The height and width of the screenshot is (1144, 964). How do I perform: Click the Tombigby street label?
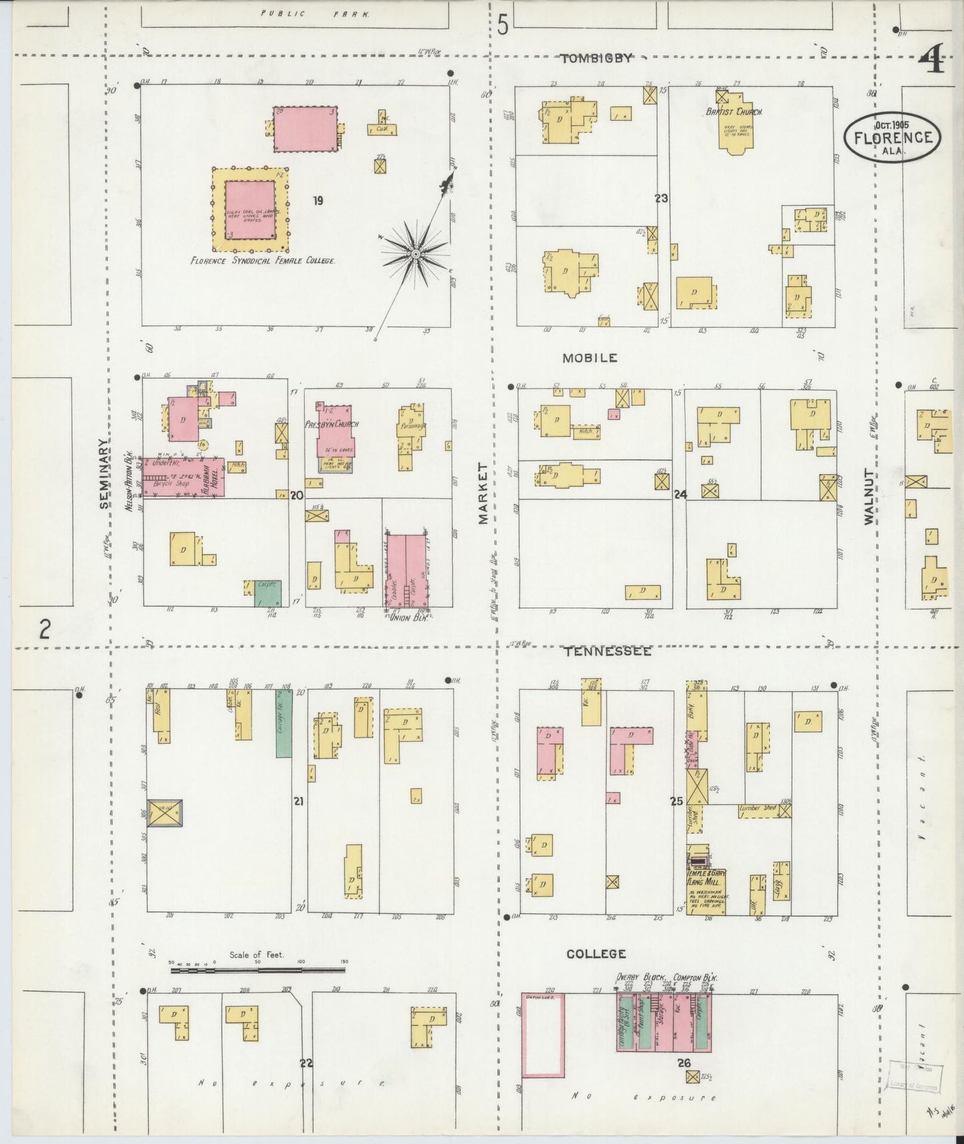pyautogui.click(x=595, y=59)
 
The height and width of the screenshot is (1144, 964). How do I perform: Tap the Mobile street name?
pyautogui.click(x=589, y=358)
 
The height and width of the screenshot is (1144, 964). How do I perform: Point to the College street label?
pyautogui.click(x=596, y=954)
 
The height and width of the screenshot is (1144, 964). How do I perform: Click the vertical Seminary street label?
pyautogui.click(x=104, y=474)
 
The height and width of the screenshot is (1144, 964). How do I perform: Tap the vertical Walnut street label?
pyautogui.click(x=869, y=496)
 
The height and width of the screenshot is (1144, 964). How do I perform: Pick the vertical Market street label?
pyautogui.click(x=483, y=493)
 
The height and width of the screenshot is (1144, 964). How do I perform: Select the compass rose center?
pyautogui.click(x=415, y=254)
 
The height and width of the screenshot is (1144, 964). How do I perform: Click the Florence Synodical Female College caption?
pyautogui.click(x=262, y=261)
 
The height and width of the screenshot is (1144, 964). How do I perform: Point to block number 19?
pyautogui.click(x=318, y=200)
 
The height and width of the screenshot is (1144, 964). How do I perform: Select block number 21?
pyautogui.click(x=298, y=800)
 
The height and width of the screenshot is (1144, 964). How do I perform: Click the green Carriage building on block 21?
pyautogui.click(x=284, y=724)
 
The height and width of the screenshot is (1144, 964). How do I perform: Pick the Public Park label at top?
pyautogui.click(x=316, y=13)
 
